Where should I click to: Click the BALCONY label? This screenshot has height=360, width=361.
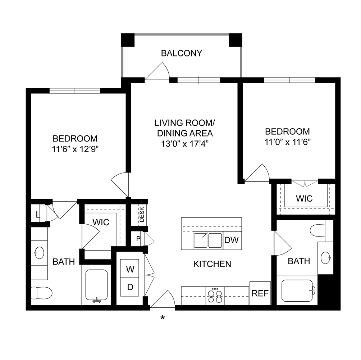coord(182,54)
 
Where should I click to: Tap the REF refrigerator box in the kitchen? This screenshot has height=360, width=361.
coord(260,293)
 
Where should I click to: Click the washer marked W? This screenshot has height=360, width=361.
coord(130,269)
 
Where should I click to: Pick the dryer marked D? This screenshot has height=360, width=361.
coord(130,287)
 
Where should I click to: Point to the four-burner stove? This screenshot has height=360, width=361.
coord(215,296)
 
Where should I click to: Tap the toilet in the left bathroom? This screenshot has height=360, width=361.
coord(41,293)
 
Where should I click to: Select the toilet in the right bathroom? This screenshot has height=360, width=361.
coord(317,230)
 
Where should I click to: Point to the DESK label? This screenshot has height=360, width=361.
coord(142,215)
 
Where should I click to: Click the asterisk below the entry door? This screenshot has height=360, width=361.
coord(163,318)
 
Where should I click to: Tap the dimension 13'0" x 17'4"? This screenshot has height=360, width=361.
coord(185,143)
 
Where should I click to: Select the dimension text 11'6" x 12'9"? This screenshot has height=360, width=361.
coord(75,149)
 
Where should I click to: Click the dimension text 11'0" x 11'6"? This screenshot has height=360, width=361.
coord(287,141)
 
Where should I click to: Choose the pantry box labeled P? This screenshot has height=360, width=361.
coord(138,239)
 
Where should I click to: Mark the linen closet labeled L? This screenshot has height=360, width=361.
coord(38,216)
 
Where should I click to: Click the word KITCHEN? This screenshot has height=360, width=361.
coord(212,264)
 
